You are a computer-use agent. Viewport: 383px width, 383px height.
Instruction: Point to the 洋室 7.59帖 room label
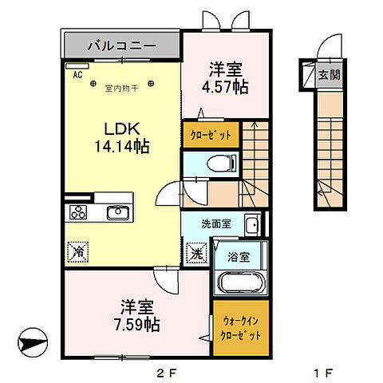pyautogui.click(x=140, y=314)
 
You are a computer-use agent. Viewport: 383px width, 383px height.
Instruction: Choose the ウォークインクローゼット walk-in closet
pyautogui.click(x=240, y=327)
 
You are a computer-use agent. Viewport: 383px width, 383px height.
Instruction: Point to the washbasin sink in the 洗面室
pyautogui.click(x=251, y=226)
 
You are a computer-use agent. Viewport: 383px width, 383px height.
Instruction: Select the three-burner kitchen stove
pyautogui.click(x=79, y=211)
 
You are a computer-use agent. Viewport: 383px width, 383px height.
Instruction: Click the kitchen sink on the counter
pyautogui.click(x=118, y=211)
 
